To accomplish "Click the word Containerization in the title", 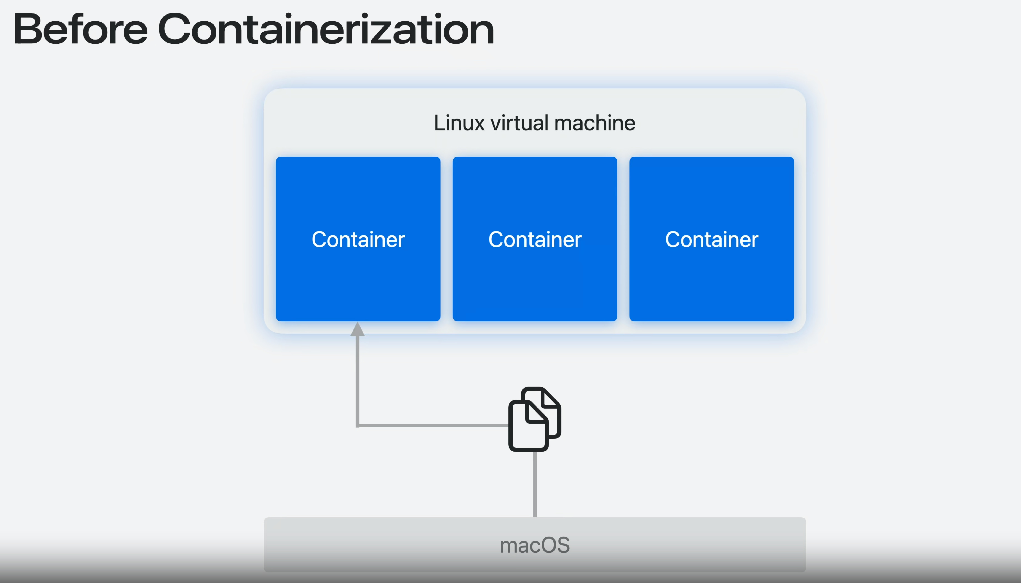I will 326,29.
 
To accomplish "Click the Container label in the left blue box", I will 358,239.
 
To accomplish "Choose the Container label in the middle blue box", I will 535,239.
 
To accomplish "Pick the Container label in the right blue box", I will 712,239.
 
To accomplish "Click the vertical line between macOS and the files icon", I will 535,485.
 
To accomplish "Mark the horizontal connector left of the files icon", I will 432,425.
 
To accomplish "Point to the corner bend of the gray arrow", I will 358,425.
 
